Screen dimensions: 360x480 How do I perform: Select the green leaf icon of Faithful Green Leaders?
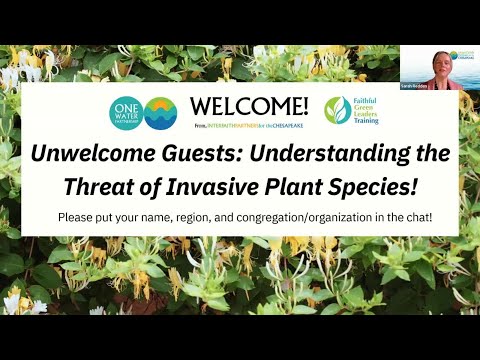coord(338,110)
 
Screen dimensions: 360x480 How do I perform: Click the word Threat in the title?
coord(126,185)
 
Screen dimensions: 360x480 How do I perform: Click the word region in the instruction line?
coord(209,216)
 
